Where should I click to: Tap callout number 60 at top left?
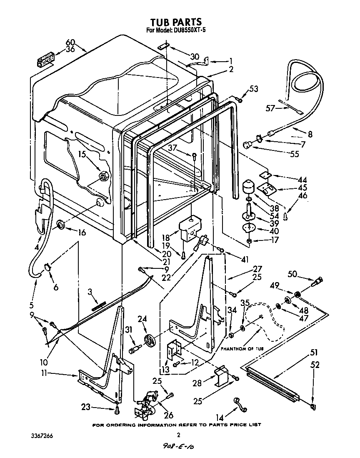pos(70,42)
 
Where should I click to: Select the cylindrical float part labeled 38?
pos(249,186)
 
